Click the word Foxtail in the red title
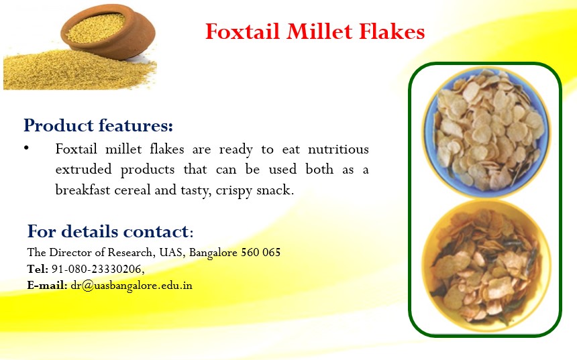[243, 32]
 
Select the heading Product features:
[98, 126]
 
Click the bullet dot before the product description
[26, 148]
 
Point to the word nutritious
[338, 149]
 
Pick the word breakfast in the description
[83, 190]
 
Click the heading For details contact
[110, 232]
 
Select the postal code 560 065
[260, 253]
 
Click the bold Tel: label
[38, 269]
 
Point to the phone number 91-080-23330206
[97, 269]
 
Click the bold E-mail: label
[47, 286]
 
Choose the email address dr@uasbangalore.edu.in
[132, 286]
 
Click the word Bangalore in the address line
[213, 253]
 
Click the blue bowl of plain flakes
[486, 132]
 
